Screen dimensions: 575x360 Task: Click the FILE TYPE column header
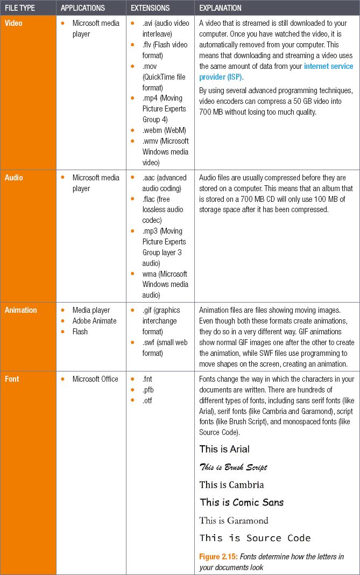click(x=20, y=8)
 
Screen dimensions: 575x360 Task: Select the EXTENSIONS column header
click(x=150, y=8)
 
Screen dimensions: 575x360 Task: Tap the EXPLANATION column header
click(x=220, y=8)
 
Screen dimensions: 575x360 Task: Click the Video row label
click(x=13, y=24)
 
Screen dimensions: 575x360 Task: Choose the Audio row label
click(x=13, y=178)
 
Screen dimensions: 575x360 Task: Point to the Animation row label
click(x=21, y=310)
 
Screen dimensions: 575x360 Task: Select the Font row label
click(x=12, y=379)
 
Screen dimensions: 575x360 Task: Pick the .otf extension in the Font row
click(x=147, y=401)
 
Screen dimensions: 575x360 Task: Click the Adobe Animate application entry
click(x=94, y=321)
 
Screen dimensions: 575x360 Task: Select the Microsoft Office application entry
click(x=95, y=379)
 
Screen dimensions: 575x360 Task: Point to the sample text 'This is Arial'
click(x=224, y=449)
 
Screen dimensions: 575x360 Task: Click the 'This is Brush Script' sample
click(x=233, y=467)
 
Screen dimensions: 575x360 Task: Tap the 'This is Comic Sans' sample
click(x=242, y=502)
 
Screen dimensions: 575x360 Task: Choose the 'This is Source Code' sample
click(x=255, y=538)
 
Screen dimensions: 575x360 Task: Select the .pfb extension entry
click(x=147, y=390)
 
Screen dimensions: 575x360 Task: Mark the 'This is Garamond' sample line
click(x=234, y=520)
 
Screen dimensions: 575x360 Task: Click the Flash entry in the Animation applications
click(x=80, y=332)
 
